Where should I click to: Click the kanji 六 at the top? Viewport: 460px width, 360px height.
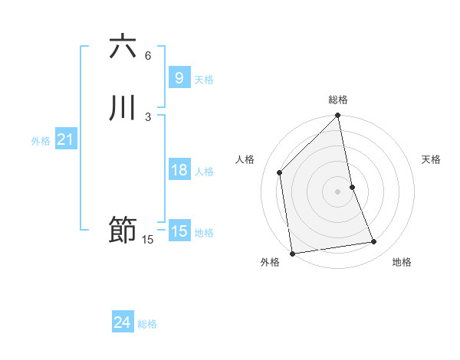pos(123,47)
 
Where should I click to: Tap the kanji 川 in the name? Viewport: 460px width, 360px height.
pos(123,108)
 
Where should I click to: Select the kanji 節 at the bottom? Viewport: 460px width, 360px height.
pos(123,230)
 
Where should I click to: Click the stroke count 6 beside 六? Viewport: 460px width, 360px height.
pos(148,56)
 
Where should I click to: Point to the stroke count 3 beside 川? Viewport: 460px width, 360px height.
pos(148,116)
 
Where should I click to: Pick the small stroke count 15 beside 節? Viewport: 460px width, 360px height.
pos(148,240)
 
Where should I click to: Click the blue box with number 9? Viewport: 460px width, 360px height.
pos(179,77)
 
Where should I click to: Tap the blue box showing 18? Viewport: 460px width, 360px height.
pos(179,170)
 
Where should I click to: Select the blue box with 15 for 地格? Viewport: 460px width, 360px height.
pos(179,231)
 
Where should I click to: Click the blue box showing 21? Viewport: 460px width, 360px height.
pos(65,139)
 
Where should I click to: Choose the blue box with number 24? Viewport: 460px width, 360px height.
pos(123,322)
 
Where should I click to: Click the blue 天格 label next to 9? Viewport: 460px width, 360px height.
pos(204,80)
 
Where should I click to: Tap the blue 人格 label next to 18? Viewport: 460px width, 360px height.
pos(204,172)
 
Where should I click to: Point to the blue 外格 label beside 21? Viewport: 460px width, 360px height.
pos(41,141)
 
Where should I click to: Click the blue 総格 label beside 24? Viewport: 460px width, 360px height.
pos(147,324)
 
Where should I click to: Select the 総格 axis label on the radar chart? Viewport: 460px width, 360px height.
pos(338,100)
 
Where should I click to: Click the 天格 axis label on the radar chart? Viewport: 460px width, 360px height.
pos(432,159)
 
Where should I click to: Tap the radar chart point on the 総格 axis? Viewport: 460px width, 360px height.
pos(338,116)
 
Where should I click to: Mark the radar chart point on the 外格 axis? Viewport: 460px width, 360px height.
pos(292,253)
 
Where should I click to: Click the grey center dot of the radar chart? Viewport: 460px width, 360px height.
pos(338,191)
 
